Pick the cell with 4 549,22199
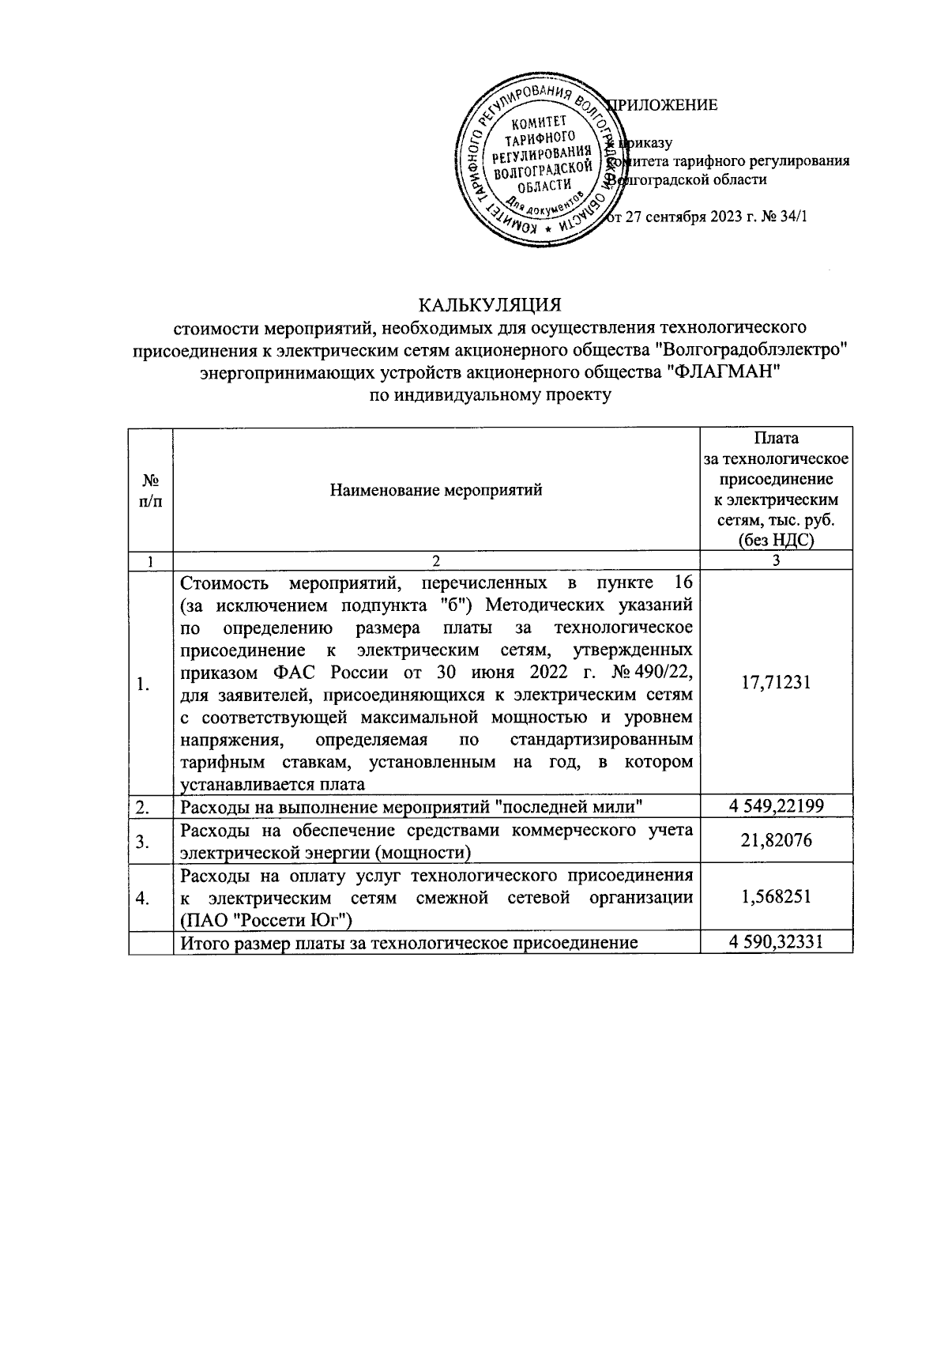776,805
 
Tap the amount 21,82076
776,840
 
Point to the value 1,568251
776,897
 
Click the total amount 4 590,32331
776,942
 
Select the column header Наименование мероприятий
436,489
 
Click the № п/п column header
151,490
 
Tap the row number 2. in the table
143,806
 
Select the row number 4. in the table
143,898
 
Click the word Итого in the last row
204,943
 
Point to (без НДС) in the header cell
776,541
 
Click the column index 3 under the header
776,560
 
